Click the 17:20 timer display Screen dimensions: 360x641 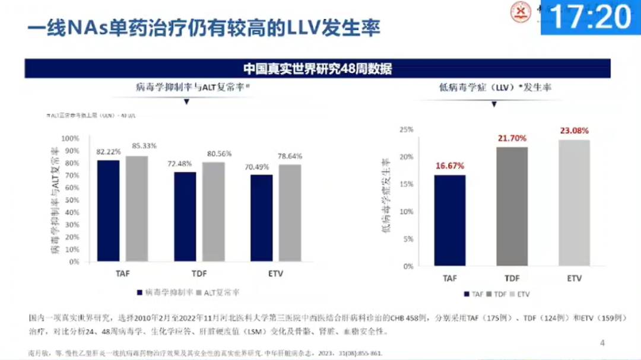pos(591,17)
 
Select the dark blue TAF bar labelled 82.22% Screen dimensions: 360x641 pos(108,211)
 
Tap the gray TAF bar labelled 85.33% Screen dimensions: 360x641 pos(137,208)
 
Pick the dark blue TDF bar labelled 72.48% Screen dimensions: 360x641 pos(185,216)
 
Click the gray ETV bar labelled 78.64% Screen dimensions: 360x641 pos(290,213)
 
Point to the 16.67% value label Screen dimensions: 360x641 pos(449,165)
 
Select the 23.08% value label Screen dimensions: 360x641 pos(574,130)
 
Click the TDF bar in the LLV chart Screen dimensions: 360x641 pos(511,206)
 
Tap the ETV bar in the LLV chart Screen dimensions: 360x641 pos(574,202)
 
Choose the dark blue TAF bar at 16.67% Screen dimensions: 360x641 pos(449,220)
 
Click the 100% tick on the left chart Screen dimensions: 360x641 pos(71,138)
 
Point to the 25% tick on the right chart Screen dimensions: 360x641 pos(406,129)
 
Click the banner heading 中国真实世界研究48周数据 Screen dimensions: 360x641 pos(318,68)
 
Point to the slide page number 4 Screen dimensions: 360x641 pos(602,343)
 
